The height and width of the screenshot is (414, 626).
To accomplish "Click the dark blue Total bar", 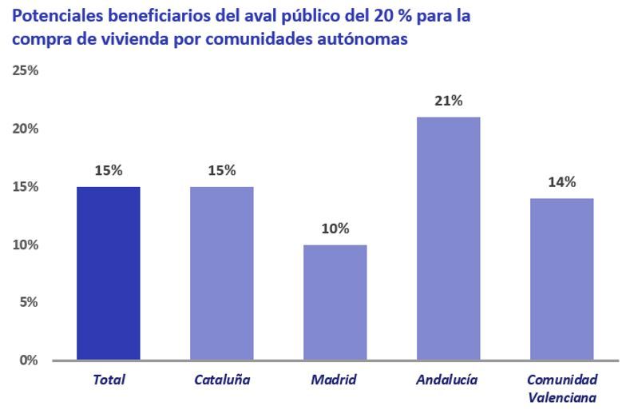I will tap(109, 273).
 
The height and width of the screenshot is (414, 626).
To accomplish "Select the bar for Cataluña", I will tap(222, 273).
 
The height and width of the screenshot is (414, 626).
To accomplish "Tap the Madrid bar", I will tap(335, 302).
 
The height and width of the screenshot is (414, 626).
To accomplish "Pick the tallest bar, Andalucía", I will tap(448, 238).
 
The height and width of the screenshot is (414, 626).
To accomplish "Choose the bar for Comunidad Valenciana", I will tap(561, 279).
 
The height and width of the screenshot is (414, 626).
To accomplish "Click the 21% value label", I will tap(448, 101).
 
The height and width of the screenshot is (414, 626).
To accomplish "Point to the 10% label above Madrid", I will tap(335, 229).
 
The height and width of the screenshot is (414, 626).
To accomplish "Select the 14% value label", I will tap(561, 182).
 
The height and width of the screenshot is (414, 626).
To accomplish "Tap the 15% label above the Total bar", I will tap(109, 170).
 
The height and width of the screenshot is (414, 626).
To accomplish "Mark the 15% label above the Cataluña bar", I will tap(222, 170).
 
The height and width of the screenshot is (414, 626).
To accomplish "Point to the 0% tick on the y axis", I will tap(29, 360).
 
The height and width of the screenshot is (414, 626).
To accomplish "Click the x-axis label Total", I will tap(109, 380).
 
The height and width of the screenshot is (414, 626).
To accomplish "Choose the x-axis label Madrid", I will tap(334, 380).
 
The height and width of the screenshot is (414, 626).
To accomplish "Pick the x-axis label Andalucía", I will tap(447, 380).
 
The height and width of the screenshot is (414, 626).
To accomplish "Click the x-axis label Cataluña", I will tap(222, 380).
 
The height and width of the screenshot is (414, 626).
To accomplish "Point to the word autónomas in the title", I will tap(364, 39).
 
